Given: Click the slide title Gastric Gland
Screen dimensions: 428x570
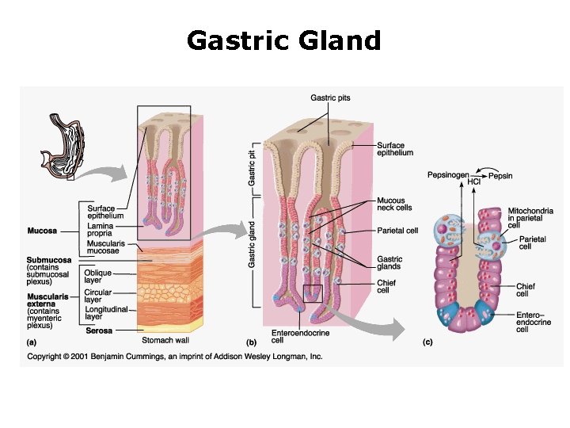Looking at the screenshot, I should click(284, 40).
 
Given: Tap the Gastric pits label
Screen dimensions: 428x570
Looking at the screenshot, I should click(331, 98).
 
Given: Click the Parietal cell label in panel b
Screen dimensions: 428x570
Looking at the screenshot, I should click(397, 231).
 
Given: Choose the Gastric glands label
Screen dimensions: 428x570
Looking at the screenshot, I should click(389, 263).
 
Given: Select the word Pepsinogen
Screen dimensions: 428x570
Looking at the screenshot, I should click(448, 174).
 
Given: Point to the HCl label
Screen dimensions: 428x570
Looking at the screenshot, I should click(474, 182).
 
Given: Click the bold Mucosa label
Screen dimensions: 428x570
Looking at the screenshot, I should click(41, 231).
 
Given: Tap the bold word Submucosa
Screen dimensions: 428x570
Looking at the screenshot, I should click(49, 260).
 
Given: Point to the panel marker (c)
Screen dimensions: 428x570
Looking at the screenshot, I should click(427, 342).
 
